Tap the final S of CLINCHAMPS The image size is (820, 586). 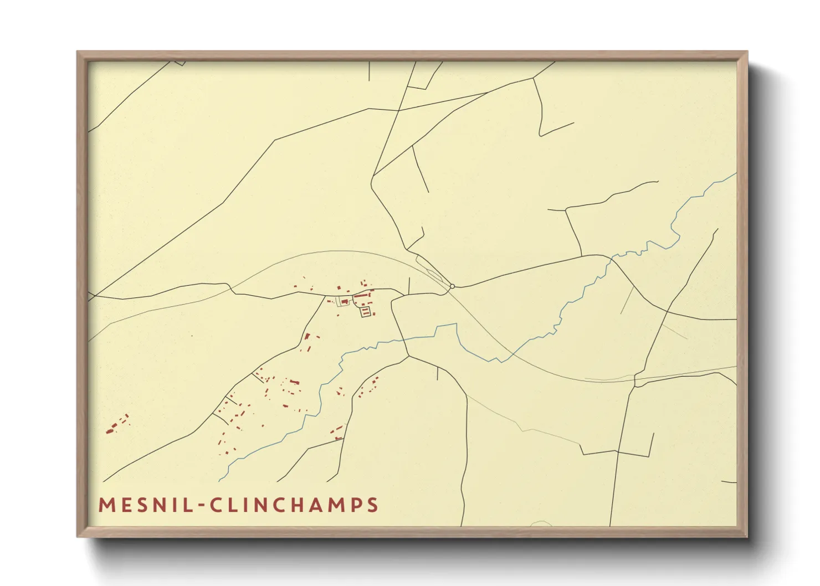[x=373, y=505]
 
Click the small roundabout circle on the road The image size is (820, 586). [x=452, y=286]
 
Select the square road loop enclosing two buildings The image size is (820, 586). [x=365, y=312]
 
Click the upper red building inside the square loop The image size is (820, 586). [x=365, y=310]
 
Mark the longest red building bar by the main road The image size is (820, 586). [x=361, y=296]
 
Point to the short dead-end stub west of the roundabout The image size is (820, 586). [x=409, y=285]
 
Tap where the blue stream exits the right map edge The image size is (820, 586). [x=736, y=174]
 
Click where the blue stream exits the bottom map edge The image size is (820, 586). [x=219, y=480]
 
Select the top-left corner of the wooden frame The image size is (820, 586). [x=78, y=52]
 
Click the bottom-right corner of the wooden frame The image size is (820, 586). [x=747, y=536]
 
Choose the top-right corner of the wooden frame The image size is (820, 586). [x=747, y=52]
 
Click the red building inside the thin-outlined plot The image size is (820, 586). [x=344, y=302]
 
